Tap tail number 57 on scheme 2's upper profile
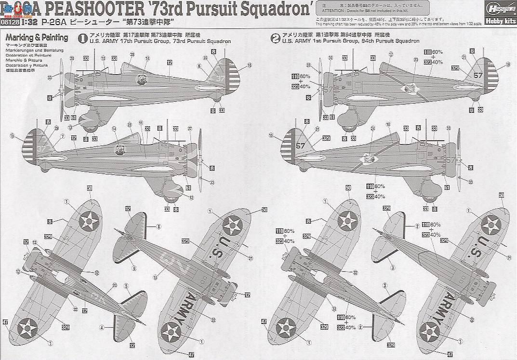click(477, 75)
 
